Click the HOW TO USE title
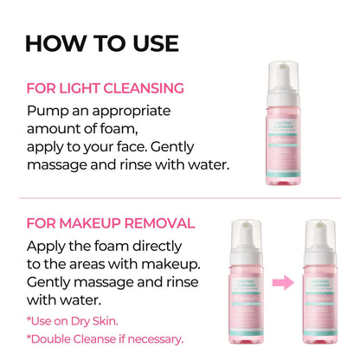click(x=101, y=43)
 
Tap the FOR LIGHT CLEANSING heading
click(x=106, y=88)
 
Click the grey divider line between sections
click(x=180, y=196)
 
